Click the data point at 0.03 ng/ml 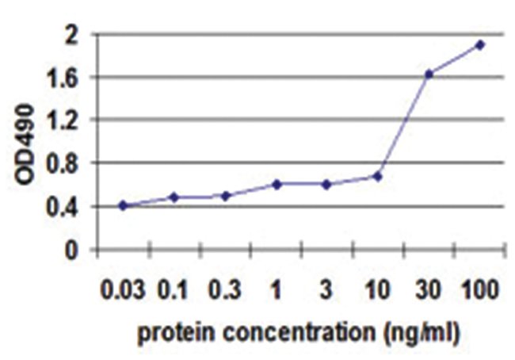click(123, 205)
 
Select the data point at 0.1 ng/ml click(174, 197)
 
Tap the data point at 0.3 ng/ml click(225, 195)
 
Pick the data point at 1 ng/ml click(277, 184)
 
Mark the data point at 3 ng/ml click(326, 184)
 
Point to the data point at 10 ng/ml click(377, 176)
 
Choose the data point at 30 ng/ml click(429, 74)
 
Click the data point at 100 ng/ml click(480, 44)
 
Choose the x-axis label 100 click(480, 289)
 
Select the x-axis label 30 click(429, 289)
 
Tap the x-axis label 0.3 click(225, 289)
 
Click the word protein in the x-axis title click(174, 333)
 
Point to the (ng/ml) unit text click(417, 334)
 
